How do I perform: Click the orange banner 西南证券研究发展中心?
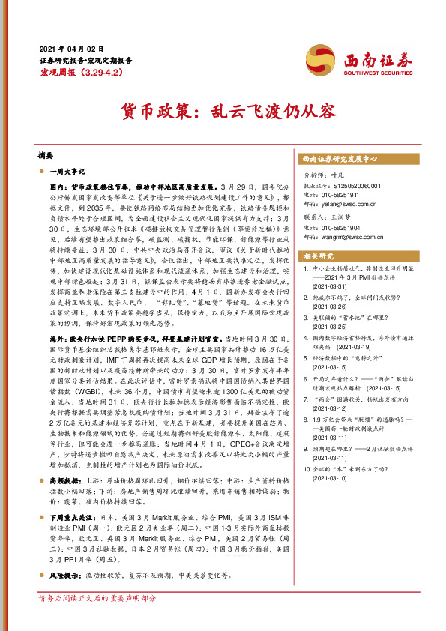coord(339,159)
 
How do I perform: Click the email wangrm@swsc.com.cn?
coord(350,235)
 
